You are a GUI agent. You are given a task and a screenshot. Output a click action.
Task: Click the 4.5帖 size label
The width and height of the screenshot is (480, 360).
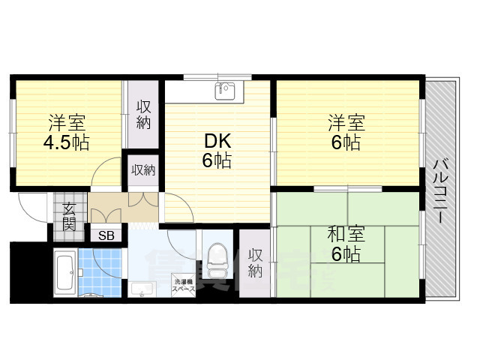(66, 143)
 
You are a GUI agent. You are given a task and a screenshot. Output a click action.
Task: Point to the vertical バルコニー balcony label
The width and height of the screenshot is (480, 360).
(441, 189)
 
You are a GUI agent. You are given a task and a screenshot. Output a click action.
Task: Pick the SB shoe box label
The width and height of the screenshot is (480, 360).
(107, 235)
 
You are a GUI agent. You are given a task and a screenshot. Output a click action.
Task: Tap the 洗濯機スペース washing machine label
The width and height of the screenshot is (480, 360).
(184, 286)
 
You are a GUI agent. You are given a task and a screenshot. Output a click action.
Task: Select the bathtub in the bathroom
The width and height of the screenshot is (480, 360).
(64, 271)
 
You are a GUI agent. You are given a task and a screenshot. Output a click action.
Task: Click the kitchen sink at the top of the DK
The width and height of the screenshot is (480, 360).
(225, 91)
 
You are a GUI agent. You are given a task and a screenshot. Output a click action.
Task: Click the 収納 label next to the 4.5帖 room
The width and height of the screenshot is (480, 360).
(143, 114)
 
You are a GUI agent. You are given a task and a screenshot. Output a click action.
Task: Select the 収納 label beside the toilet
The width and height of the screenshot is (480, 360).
(256, 262)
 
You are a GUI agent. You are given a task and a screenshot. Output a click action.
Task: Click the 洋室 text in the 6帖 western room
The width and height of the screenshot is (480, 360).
(345, 121)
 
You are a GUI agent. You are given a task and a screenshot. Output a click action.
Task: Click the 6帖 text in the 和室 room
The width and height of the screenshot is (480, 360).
(345, 255)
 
